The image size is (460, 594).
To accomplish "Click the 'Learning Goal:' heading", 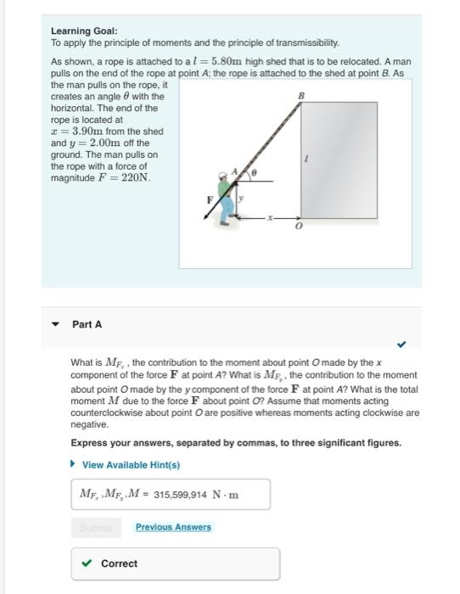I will [84, 31].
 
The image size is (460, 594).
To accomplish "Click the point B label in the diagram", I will [299, 96].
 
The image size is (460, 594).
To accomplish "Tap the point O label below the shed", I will [297, 227].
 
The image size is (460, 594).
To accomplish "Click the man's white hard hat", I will [222, 176].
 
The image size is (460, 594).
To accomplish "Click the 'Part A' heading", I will [87, 324].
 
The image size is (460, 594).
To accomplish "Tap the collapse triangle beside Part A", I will [56, 325].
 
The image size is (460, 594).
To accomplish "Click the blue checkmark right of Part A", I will [401, 345].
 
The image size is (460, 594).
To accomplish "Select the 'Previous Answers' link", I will [173, 527].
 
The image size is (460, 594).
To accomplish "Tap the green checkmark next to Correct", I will [86, 563].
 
